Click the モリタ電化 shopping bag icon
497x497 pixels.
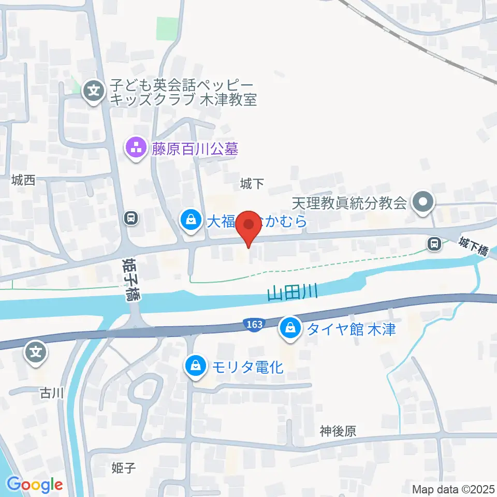point(196,367)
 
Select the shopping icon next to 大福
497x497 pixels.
point(191,221)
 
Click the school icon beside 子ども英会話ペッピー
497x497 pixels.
point(94,92)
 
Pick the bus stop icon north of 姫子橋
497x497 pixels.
point(131,218)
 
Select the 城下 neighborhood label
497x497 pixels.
point(253,183)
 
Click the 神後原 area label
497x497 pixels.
point(338,431)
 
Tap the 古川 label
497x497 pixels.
point(52,393)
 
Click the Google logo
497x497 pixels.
point(35,485)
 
